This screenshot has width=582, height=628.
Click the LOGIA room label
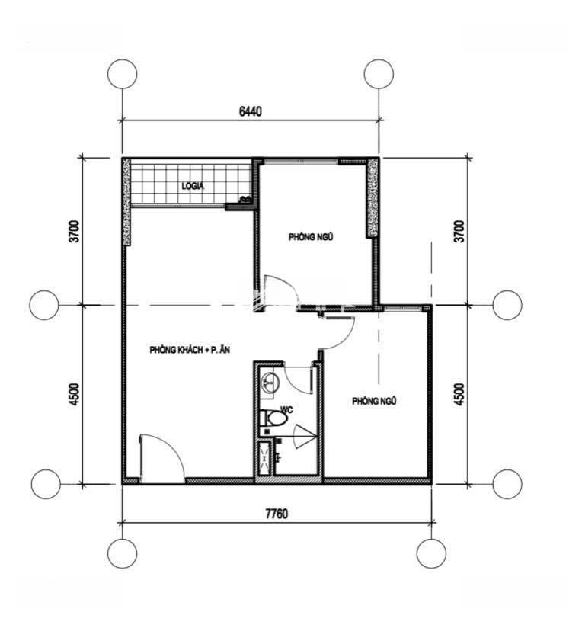pyautogui.click(x=193, y=186)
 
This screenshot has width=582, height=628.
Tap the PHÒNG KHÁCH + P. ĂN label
pyautogui.click(x=190, y=350)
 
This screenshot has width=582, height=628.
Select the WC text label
pyautogui.click(x=286, y=409)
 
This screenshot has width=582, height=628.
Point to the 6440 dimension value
pyautogui.click(x=251, y=111)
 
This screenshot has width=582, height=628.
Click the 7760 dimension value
pyautogui.click(x=277, y=514)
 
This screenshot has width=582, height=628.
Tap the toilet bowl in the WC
pyautogui.click(x=274, y=418)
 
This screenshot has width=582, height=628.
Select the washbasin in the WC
pyautogui.click(x=270, y=383)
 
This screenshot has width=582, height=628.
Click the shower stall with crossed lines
pyautogui.click(x=264, y=458)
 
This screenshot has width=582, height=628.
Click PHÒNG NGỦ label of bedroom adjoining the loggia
pyautogui.click(x=311, y=237)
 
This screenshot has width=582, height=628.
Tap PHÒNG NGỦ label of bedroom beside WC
pyautogui.click(x=374, y=401)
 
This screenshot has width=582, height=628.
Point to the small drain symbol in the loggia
pyautogui.click(x=245, y=199)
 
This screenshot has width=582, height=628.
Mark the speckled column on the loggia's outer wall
pyautogui.click(x=126, y=201)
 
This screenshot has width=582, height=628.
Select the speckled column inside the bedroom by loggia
pyautogui.click(x=373, y=197)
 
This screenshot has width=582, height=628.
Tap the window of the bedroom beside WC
pyautogui.click(x=402, y=308)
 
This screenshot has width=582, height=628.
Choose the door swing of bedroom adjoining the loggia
pyautogui.click(x=281, y=291)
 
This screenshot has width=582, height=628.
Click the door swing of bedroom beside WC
pyautogui.click(x=339, y=332)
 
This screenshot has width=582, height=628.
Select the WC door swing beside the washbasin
pyautogui.click(x=299, y=378)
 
